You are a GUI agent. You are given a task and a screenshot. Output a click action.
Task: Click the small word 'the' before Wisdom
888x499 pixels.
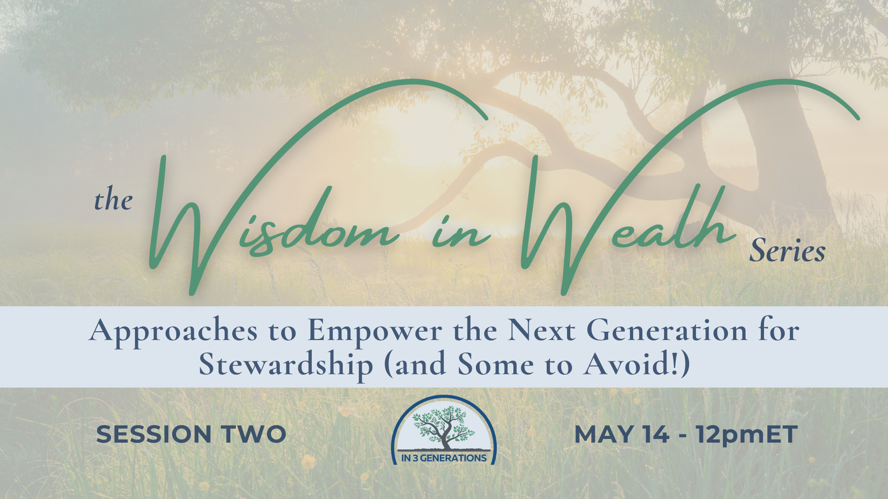(x=113, y=200)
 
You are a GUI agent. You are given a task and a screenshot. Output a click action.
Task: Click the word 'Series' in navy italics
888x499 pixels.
(x=787, y=251)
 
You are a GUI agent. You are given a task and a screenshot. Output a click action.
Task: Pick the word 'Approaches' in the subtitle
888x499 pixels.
(x=173, y=332)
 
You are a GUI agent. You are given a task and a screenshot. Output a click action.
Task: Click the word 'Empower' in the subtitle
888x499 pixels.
(x=375, y=332)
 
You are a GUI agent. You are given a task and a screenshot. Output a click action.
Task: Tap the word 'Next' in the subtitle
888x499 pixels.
(x=542, y=331)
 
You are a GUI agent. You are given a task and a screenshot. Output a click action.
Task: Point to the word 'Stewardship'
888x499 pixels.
(x=286, y=365)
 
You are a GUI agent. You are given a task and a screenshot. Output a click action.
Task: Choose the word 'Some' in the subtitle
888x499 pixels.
(x=495, y=365)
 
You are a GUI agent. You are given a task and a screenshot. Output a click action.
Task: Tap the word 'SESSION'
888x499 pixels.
(x=154, y=434)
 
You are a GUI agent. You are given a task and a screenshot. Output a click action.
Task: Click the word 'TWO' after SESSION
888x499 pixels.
(x=253, y=434)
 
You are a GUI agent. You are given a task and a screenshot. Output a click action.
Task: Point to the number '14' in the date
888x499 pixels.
(x=656, y=434)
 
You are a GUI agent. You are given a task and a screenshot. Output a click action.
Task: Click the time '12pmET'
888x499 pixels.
(x=747, y=435)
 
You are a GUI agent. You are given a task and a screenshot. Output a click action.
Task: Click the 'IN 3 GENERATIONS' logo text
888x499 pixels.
(x=444, y=458)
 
